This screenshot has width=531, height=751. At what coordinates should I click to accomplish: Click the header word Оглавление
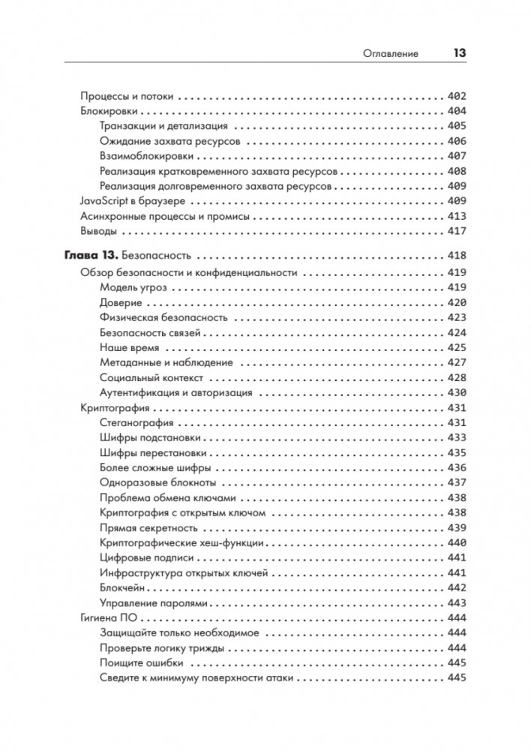click(391, 54)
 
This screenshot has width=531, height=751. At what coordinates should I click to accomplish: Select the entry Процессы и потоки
click(127, 96)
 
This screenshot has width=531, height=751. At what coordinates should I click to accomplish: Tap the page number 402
click(456, 96)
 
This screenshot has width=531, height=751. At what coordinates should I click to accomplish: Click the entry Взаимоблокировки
click(146, 156)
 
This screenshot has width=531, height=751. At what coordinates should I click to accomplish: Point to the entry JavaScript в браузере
click(133, 201)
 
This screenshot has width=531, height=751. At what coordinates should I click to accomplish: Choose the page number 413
click(456, 216)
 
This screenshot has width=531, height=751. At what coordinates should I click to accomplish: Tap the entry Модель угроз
click(133, 287)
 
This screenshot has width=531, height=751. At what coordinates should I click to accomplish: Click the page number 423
click(456, 317)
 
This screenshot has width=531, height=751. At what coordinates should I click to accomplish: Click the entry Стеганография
click(136, 422)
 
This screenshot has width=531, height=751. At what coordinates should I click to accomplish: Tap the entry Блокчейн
click(122, 587)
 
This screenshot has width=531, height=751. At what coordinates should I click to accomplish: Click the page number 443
click(456, 602)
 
